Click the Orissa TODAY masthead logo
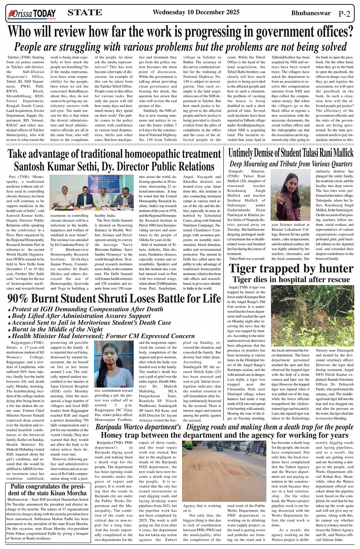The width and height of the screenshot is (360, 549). coord(32,14)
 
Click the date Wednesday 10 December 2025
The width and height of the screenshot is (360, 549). coord(196,12)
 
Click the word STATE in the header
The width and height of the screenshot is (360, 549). coord(85,13)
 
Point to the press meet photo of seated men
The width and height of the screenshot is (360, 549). coord(91,192)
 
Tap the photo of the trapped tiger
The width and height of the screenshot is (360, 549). coord(312,316)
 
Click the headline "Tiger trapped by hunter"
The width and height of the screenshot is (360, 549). coord(291,268)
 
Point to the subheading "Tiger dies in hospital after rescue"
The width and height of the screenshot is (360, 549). coord(291,279)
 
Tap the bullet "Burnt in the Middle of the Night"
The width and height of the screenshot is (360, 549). coord(57,329)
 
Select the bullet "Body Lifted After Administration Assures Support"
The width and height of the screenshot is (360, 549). coord(81,316)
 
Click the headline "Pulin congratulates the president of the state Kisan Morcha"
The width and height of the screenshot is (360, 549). coord(48,490)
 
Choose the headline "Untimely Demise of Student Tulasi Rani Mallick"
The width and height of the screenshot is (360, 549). coord(291,153)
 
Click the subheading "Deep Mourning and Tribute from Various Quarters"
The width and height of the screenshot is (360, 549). coord(291,164)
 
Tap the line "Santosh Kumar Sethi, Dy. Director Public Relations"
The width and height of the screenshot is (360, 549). coord(114,167)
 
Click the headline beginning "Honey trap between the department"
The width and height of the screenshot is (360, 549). coord(224,435)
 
